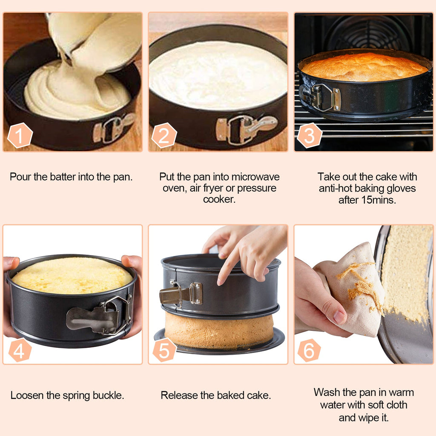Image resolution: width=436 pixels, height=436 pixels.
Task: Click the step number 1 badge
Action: coord(20,135)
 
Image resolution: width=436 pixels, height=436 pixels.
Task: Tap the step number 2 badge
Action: coord(164,135)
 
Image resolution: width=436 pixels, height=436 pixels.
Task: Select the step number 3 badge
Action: coord(310,135)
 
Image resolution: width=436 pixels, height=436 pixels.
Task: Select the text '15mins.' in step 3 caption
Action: coord(380,200)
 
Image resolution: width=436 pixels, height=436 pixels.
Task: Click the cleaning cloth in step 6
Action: coord(356,290)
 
